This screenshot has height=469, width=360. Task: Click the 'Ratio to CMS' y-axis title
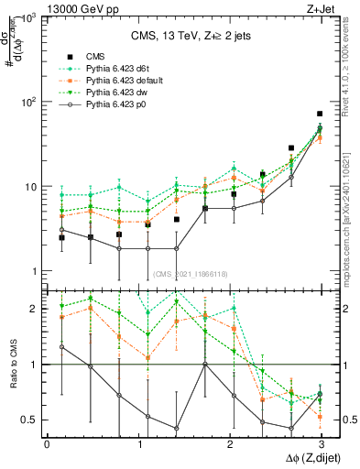coord(12,365)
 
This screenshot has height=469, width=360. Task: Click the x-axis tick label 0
coord(47,442)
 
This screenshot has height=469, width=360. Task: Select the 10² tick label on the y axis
coord(28,102)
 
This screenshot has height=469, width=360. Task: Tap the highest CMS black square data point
coord(320,114)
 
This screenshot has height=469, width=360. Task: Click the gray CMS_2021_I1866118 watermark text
coord(190,274)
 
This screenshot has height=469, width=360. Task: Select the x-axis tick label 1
coord(137,442)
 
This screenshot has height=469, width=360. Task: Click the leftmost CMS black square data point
coord(61,237)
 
